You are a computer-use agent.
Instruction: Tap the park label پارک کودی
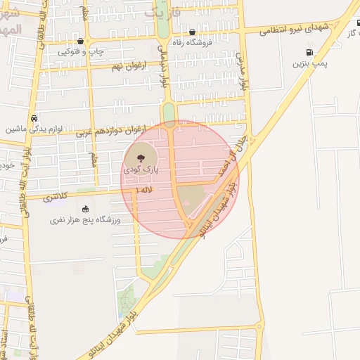tap(141, 169)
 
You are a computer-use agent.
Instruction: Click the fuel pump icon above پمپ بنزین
tap(310, 52)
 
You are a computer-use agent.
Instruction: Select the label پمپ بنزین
tap(310, 63)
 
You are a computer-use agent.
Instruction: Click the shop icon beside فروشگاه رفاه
tap(193, 32)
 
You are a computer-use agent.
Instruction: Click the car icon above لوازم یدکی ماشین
tap(34, 118)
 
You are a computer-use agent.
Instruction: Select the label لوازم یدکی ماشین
tap(35, 129)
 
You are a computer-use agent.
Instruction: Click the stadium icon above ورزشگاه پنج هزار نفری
tap(85, 209)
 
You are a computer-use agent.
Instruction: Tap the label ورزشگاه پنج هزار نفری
tap(86, 220)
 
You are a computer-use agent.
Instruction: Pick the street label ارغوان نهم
tap(127, 65)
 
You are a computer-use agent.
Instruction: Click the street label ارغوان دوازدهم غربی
tap(117, 129)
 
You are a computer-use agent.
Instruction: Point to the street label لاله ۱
tap(146, 190)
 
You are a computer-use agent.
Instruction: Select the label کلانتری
tap(57, 198)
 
